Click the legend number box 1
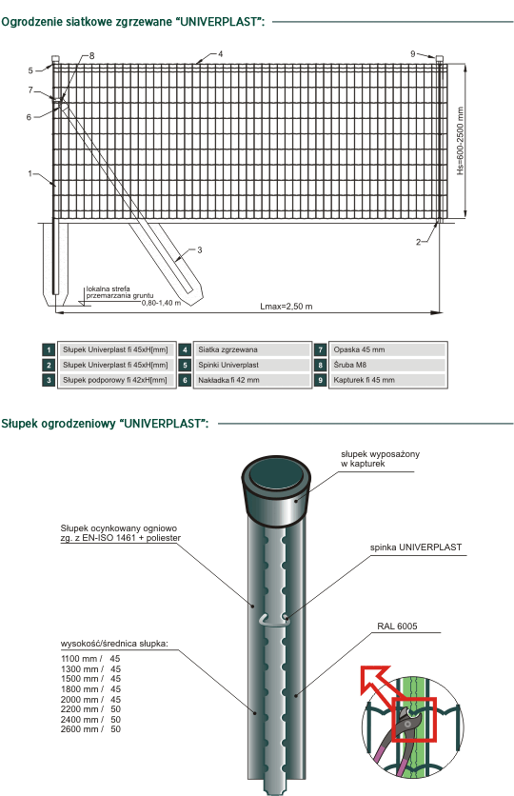49,349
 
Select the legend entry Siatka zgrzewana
227,349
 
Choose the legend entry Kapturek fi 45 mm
365,380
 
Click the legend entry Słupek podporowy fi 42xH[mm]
115,380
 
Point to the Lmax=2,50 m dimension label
287,306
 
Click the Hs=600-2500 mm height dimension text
460,141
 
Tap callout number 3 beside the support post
199,249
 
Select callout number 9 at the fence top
413,54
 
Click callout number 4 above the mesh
220,54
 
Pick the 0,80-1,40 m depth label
162,303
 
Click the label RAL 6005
397,627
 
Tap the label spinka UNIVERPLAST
416,547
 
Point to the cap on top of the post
276,490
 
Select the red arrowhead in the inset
373,678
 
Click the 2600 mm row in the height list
90,729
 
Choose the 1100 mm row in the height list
90,659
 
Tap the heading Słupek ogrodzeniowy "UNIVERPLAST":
105,424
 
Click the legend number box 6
185,380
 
